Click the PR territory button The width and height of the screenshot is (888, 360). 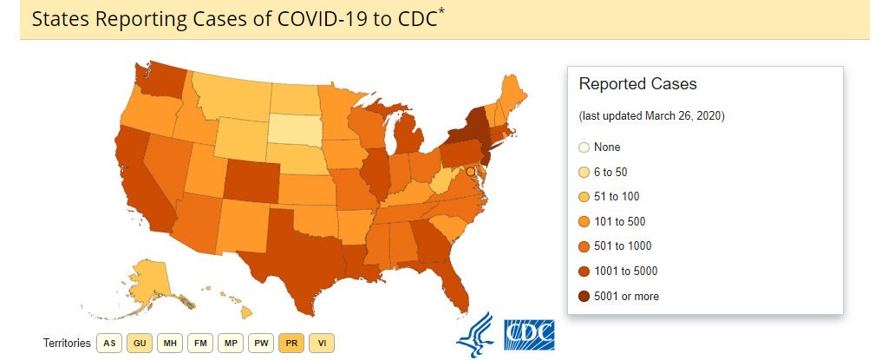[291, 343]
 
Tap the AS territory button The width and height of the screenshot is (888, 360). [109, 343]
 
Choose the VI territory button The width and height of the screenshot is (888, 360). [322, 343]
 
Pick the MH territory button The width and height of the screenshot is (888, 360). [170, 343]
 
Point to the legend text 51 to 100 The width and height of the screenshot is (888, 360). [617, 197]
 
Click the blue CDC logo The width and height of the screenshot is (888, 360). [529, 333]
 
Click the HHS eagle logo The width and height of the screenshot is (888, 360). [474, 333]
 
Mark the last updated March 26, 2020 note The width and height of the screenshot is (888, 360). [651, 115]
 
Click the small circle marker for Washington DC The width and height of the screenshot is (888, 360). [470, 173]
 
